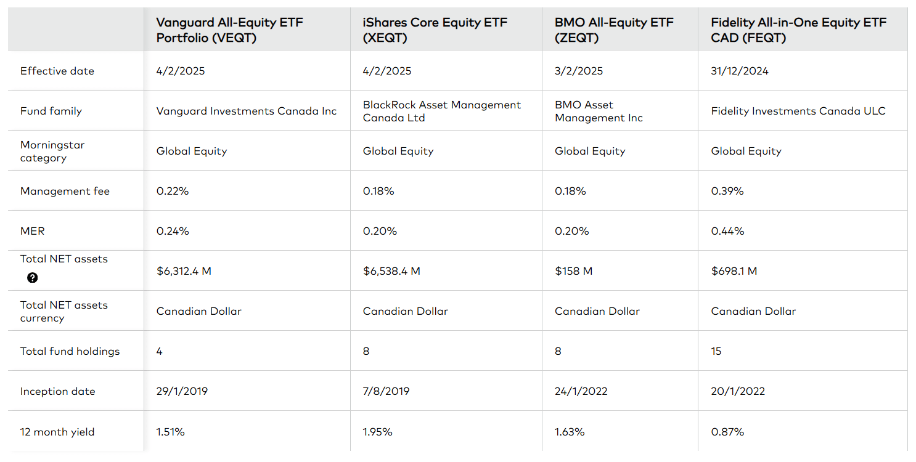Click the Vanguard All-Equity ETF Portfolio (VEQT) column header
pos(229,30)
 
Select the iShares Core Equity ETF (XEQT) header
pos(435,30)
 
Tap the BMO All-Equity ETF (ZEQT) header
pos(614,30)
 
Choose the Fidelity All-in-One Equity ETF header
pos(798,30)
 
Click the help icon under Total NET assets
pos(33,278)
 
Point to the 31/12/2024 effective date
pos(740,71)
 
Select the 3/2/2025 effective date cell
pos(579,71)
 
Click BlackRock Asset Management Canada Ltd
pos(441,111)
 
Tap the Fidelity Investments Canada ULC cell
pos(798,111)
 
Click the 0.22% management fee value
pos(173,191)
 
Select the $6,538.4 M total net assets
pos(391,271)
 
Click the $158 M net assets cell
pos(573,271)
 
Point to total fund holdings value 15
pos(716,351)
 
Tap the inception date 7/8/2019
pos(386,391)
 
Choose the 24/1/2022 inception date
pos(581,391)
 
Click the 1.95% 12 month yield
pos(377,432)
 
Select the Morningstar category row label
pos(52,152)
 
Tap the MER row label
pos(33,231)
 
